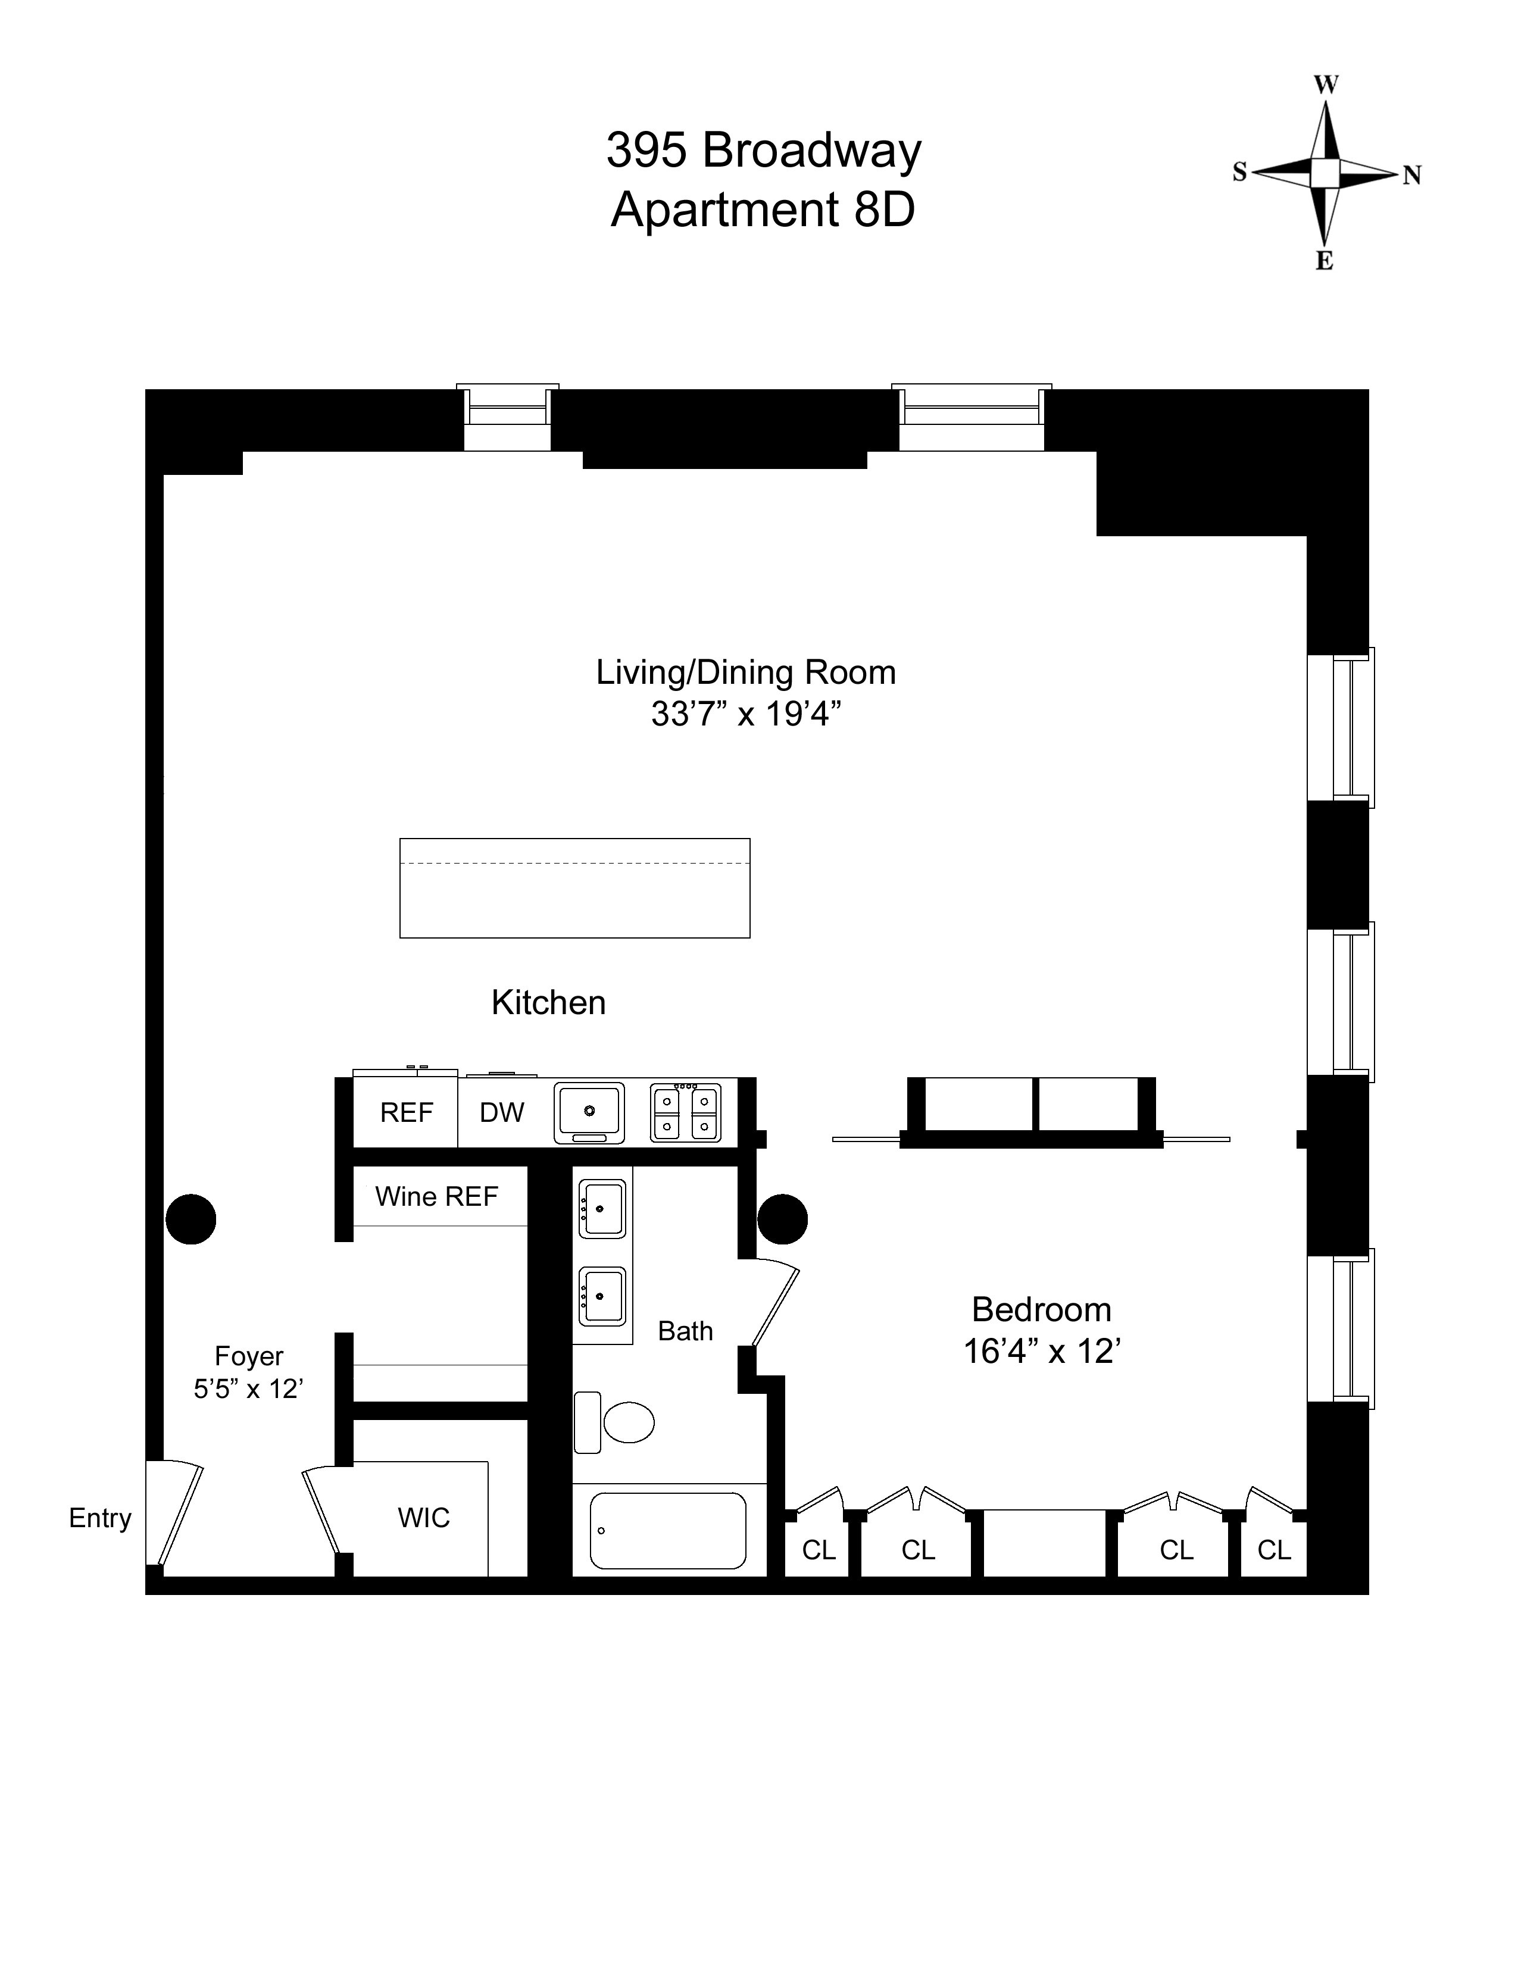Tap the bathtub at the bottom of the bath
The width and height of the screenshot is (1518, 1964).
(x=668, y=1530)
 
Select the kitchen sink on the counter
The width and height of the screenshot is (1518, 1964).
(x=589, y=1112)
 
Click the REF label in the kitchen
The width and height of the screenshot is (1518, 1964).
(x=407, y=1112)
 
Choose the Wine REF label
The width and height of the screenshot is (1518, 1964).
(x=436, y=1196)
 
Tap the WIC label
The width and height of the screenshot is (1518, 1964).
(x=424, y=1518)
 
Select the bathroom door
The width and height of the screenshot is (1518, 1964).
(x=775, y=1304)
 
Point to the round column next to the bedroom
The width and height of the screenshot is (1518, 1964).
(x=782, y=1219)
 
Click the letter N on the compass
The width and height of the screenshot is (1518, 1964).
(x=1411, y=176)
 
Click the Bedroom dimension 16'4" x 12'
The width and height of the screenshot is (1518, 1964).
(x=1041, y=1352)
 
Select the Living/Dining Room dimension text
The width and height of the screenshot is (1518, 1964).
(x=745, y=714)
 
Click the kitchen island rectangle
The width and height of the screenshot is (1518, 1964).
(x=574, y=889)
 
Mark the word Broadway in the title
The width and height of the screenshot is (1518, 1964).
(x=811, y=150)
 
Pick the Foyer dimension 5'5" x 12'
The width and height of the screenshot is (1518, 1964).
(x=248, y=1388)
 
